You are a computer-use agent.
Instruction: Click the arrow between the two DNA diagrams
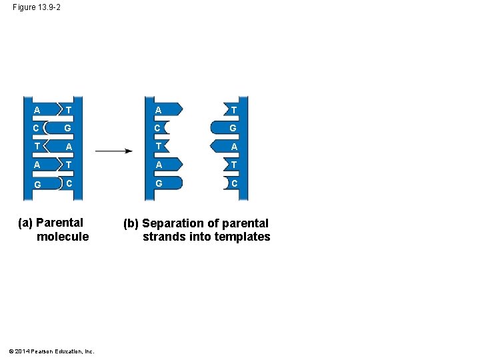pos(113,151)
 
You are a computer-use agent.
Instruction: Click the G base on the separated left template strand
pos(159,183)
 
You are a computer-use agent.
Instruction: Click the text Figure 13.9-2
pos(36,7)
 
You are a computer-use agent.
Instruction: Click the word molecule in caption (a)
pos(63,237)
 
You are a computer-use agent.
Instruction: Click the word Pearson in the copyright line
pos(42,351)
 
